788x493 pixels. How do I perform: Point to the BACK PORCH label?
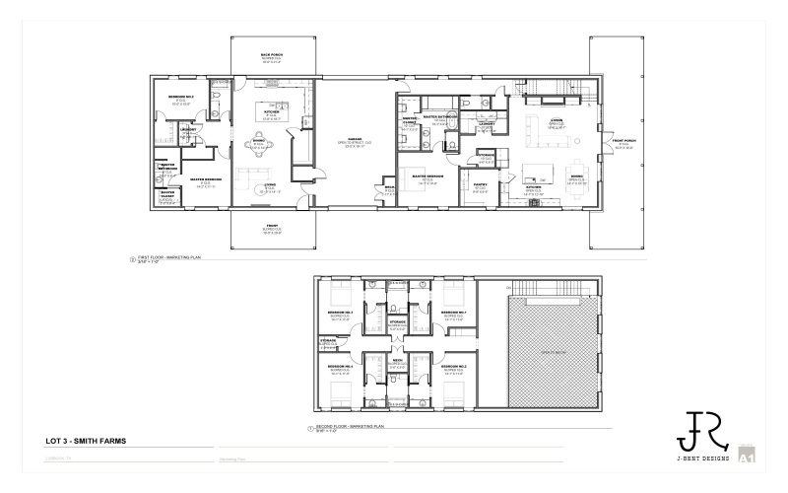272,55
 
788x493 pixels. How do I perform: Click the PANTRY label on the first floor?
480,185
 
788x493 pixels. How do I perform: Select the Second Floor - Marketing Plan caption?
350,428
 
